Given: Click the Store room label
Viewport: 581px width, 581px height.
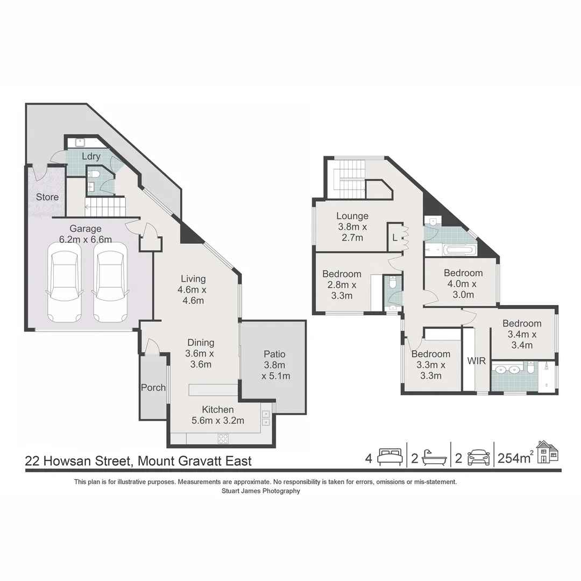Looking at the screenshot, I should point(47,197).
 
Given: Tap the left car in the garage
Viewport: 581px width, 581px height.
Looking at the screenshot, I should point(65,282).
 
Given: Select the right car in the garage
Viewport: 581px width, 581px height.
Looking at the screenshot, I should point(110,282).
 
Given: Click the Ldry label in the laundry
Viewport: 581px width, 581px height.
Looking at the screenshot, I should point(91,157).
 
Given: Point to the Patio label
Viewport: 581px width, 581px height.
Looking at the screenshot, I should point(274,354).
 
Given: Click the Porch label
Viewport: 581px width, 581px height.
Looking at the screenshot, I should point(153,387).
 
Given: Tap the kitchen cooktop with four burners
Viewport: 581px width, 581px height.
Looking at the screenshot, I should point(223,438).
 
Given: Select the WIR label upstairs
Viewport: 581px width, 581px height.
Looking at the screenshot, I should point(477,360).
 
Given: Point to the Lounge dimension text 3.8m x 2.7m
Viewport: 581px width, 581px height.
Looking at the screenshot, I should point(353,232).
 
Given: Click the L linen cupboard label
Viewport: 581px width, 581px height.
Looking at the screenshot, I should point(394,237).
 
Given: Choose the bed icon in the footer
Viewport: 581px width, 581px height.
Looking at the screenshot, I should point(390,457).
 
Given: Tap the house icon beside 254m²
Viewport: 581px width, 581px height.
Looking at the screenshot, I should point(547,452).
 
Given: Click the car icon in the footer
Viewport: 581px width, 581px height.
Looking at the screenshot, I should point(478,457).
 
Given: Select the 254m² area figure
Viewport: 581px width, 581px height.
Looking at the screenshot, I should point(515,458).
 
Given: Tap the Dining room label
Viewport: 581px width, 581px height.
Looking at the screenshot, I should point(201,343).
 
